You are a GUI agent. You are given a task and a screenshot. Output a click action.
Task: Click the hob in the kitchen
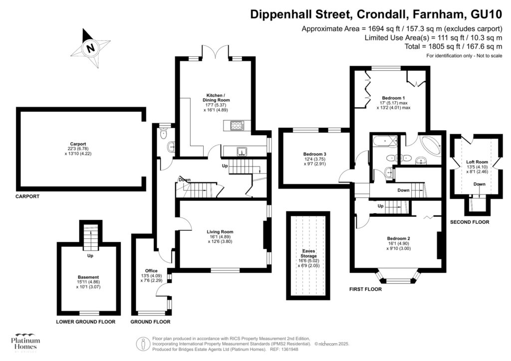(x=236, y=126)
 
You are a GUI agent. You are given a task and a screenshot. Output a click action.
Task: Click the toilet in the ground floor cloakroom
(x=163, y=134)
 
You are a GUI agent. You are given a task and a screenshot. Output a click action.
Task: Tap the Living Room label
(x=220, y=231)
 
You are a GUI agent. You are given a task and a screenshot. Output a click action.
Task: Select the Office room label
(x=151, y=271)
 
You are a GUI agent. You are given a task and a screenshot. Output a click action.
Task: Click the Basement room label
(x=88, y=277)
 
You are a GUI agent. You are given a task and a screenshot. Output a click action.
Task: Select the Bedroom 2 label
(x=398, y=238)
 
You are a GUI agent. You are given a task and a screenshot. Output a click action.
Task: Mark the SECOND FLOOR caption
(x=470, y=222)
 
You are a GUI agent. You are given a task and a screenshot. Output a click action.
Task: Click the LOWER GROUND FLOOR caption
(x=85, y=322)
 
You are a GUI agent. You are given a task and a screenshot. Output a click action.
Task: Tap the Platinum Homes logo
(x=25, y=343)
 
